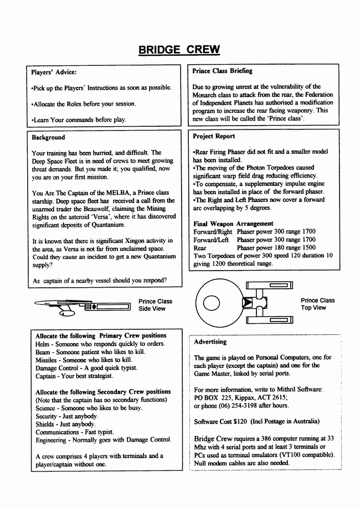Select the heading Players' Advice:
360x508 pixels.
pyautogui.click(x=54, y=72)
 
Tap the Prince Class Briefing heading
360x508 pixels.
pyautogui.click(x=222, y=71)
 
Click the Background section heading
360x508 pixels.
pyautogui.click(x=48, y=137)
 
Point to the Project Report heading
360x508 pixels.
pyautogui.click(x=214, y=136)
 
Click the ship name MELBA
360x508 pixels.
pyautogui.click(x=117, y=192)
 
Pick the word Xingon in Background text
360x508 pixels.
pyautogui.click(x=112, y=240)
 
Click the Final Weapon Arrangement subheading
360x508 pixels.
pyautogui.click(x=233, y=224)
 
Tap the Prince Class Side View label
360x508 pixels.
pyautogui.click(x=155, y=305)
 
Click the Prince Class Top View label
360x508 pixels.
pyautogui.click(x=317, y=304)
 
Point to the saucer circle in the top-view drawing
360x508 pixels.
pyautogui.click(x=212, y=304)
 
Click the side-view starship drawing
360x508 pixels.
pyautogui.click(x=83, y=305)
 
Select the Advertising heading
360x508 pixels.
pyautogui.click(x=210, y=342)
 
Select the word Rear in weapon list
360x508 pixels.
pyautogui.click(x=200, y=248)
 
